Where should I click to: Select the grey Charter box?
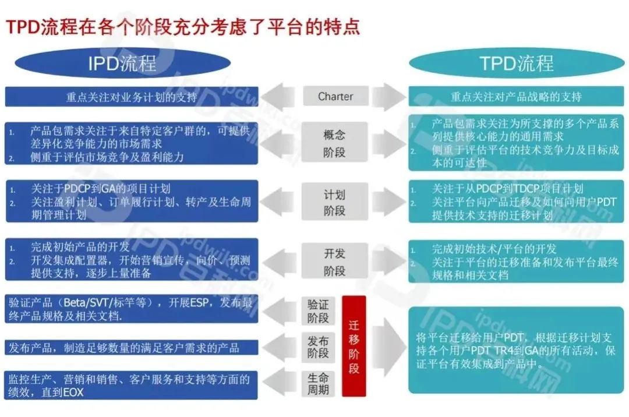coord(335,96)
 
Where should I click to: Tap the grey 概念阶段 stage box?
coord(335,143)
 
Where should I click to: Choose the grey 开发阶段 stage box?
coord(335,262)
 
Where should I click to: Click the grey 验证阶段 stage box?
coord(319,311)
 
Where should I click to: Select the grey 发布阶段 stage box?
coord(319,348)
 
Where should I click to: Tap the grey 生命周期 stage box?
coord(319,383)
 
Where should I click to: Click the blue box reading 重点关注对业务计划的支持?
coord(131,97)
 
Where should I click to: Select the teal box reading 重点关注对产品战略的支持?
coord(515,97)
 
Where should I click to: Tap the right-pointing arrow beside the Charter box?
coord(389,97)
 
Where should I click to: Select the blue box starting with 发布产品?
coord(131,348)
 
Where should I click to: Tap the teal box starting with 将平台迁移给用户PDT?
coord(515,351)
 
